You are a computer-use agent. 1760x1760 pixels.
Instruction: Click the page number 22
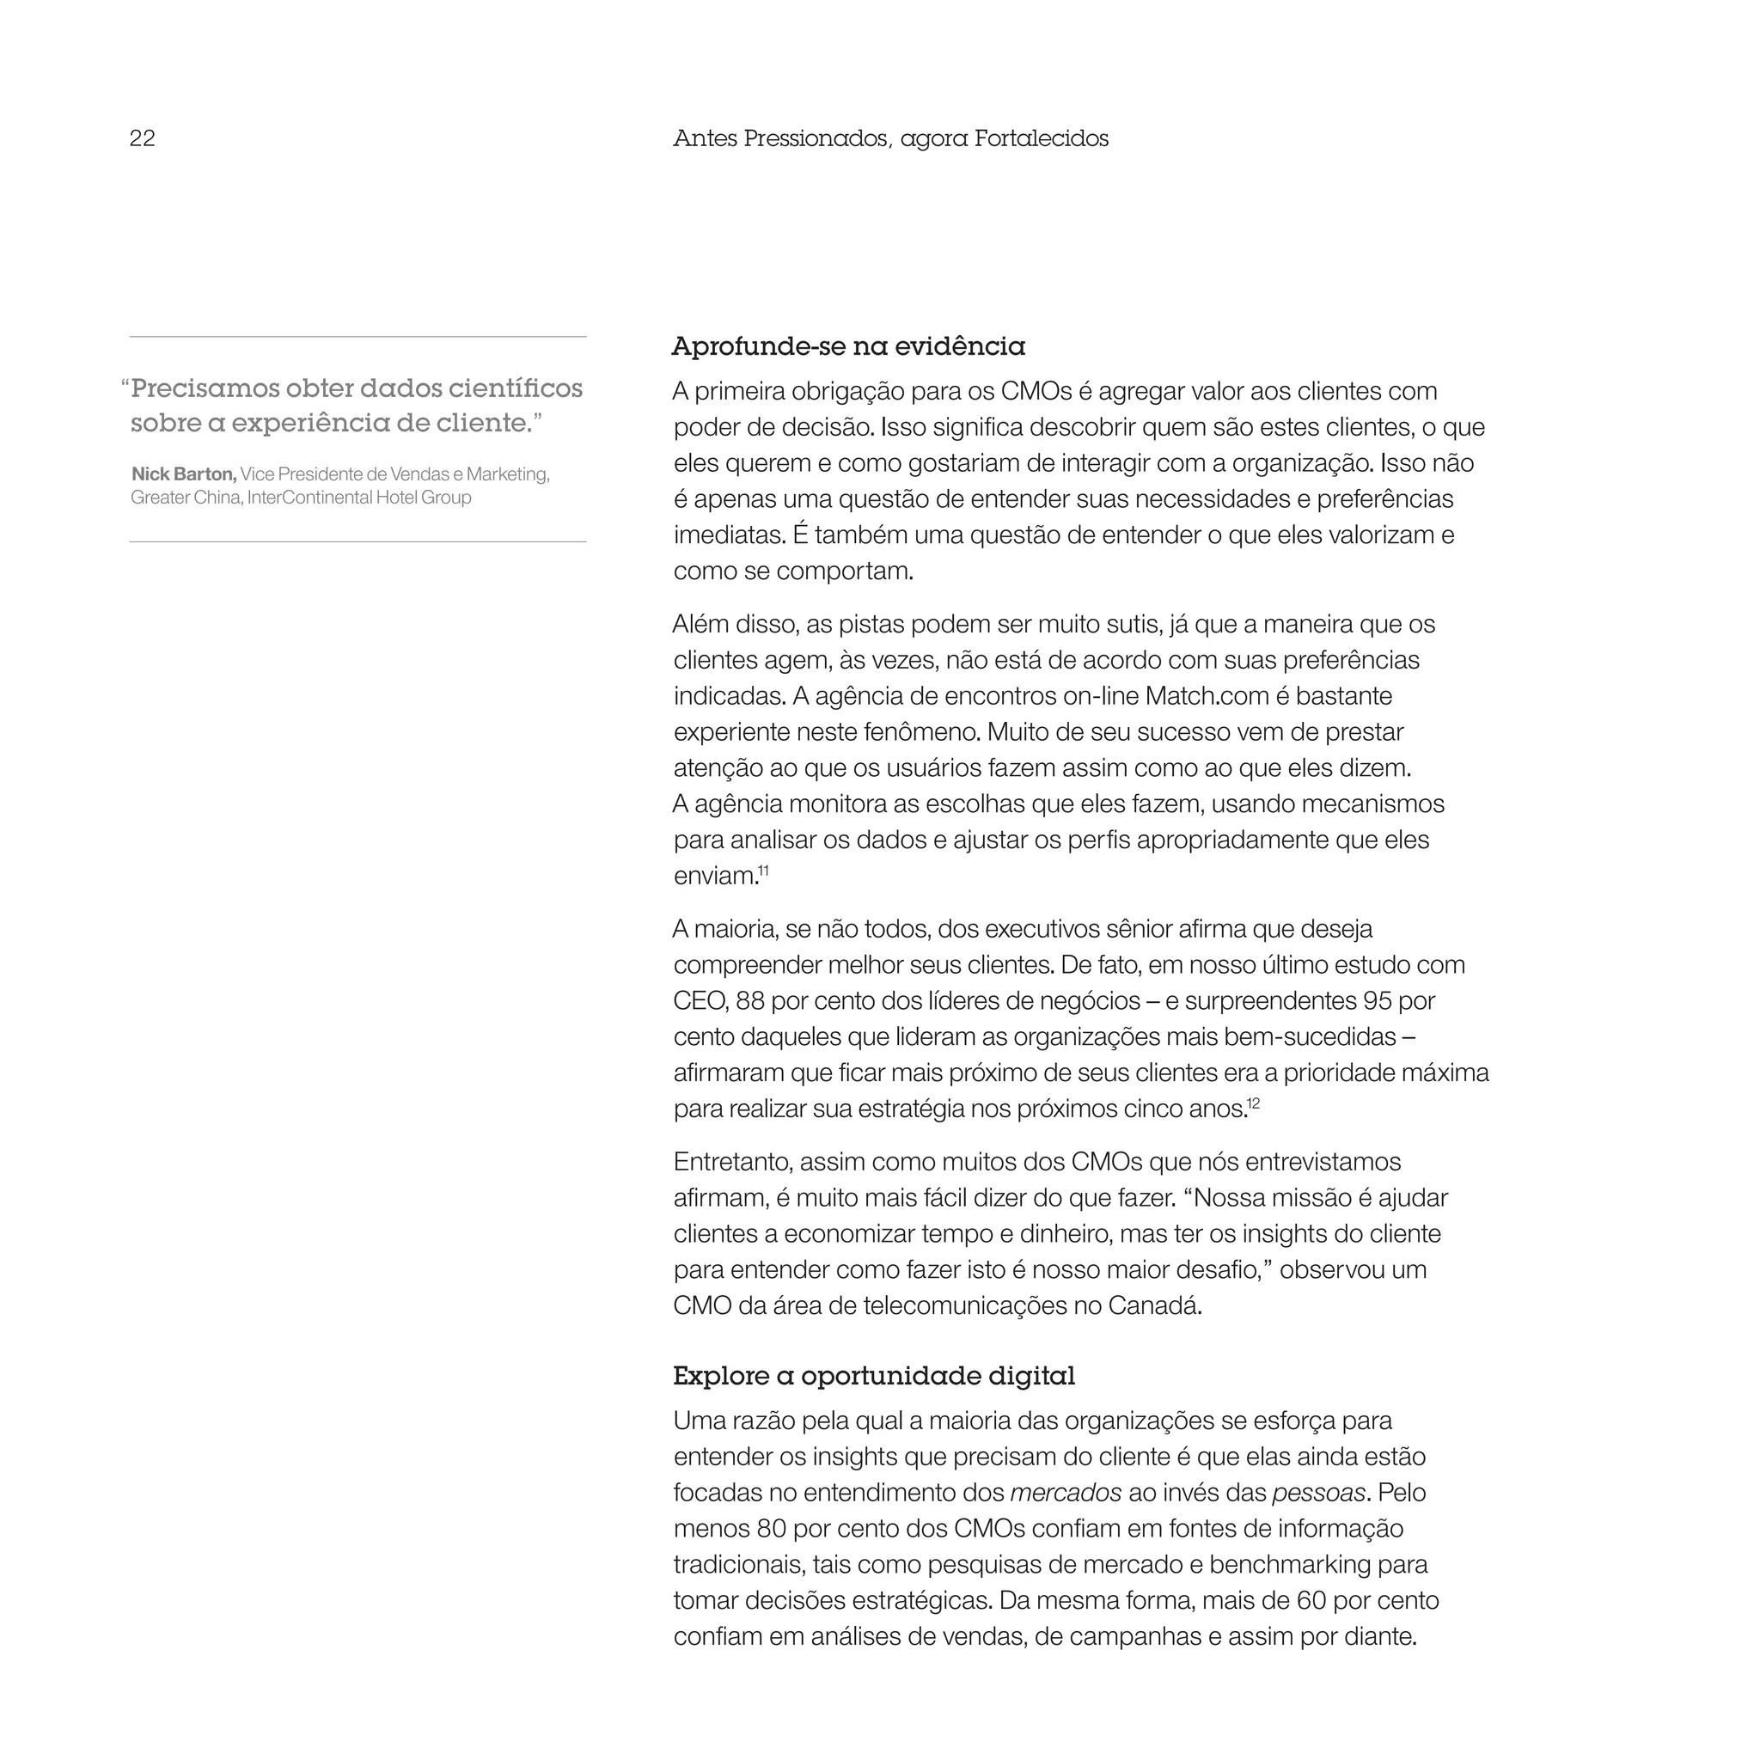pyautogui.click(x=142, y=138)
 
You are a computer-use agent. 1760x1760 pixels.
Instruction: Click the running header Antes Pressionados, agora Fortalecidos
pyautogui.click(x=890, y=138)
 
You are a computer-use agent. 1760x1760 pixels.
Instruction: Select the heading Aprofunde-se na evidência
pyautogui.click(x=848, y=346)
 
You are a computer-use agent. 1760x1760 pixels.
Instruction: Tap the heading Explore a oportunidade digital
pyautogui.click(x=874, y=1376)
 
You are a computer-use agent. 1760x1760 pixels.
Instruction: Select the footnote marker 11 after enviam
pyautogui.click(x=763, y=871)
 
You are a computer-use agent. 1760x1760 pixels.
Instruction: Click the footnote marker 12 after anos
pyautogui.click(x=1254, y=1104)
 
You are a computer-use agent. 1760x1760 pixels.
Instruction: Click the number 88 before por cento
pyautogui.click(x=749, y=1001)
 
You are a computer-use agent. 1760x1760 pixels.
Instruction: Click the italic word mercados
pyautogui.click(x=1066, y=1493)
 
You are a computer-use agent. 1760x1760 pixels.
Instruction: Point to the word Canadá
pyautogui.click(x=1154, y=1306)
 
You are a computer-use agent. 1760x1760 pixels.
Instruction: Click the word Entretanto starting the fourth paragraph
pyautogui.click(x=730, y=1163)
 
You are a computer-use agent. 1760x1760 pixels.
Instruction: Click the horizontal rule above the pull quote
pyautogui.click(x=357, y=337)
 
